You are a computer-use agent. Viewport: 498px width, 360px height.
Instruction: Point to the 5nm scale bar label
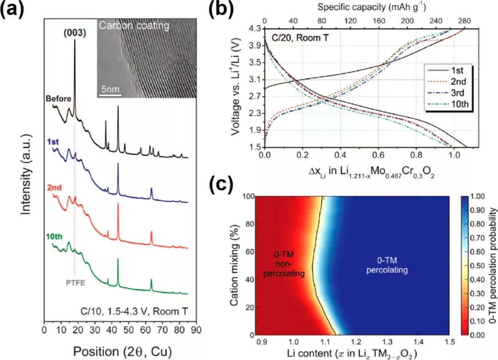pyautogui.click(x=109, y=87)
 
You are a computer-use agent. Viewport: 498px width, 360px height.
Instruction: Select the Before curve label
pyautogui.click(x=58, y=99)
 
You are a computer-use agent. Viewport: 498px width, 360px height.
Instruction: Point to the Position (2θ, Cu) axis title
pyautogui.click(x=119, y=351)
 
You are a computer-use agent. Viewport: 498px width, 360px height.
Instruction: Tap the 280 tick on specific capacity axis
pyautogui.click(x=463, y=21)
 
